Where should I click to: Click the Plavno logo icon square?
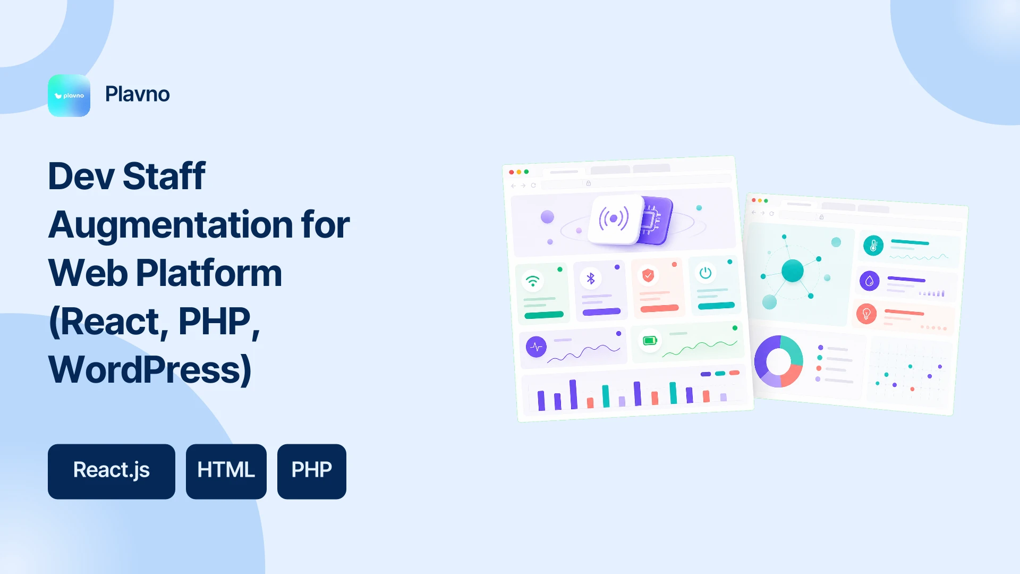pos(69,96)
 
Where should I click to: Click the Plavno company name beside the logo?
pos(138,94)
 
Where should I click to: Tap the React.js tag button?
pos(112,471)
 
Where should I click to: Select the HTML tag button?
pos(226,471)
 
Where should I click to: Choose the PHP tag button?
pos(312,471)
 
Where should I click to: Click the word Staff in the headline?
pos(164,176)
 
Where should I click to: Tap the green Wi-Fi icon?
pos(532,280)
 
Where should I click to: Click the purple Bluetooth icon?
pos(591,278)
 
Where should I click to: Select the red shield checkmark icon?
pos(648,275)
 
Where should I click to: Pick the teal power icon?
pos(705,273)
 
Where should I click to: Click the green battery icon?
pos(650,341)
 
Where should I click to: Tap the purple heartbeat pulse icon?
pos(537,347)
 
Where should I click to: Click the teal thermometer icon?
pos(873,246)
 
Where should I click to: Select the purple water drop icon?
pos(870,281)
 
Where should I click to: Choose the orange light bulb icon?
pos(866,314)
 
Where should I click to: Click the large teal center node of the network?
pos(793,271)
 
